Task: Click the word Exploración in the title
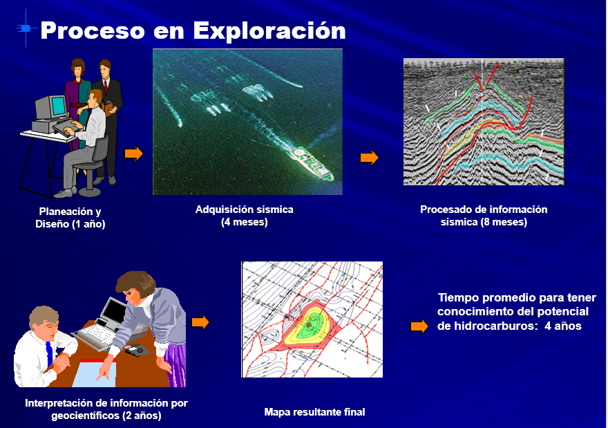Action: click(269, 31)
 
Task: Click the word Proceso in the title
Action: click(93, 30)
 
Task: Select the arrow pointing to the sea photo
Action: click(134, 153)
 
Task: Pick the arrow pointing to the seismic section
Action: click(369, 158)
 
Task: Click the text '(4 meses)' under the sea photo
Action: click(245, 223)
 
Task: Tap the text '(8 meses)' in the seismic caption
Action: click(504, 223)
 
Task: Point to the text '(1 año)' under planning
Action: click(88, 224)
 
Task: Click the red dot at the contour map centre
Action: click(309, 325)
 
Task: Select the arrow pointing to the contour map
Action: click(200, 322)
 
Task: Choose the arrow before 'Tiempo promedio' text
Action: click(419, 326)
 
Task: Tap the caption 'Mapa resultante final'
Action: click(314, 412)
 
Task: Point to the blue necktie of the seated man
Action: click(49, 353)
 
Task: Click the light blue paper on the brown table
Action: click(95, 373)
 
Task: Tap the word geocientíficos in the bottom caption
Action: click(85, 416)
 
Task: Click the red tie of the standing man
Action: click(106, 86)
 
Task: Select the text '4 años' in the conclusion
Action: click(562, 326)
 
